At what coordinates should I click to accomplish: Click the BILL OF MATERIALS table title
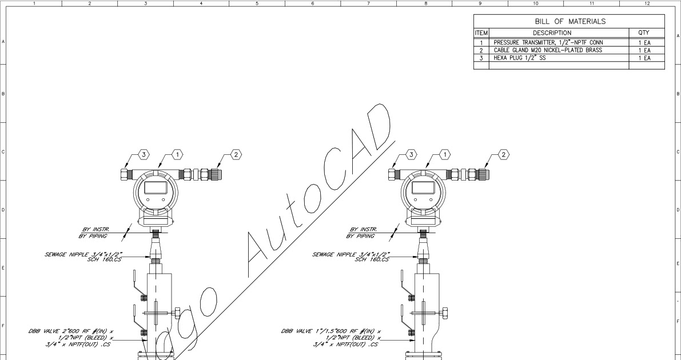pos(569,22)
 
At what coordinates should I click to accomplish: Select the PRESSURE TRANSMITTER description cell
pos(548,42)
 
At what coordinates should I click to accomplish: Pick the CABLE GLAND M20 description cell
pos(548,50)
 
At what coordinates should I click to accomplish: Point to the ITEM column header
pos(480,33)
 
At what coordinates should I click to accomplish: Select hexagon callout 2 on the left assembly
pos(236,154)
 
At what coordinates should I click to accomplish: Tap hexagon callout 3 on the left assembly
pos(144,154)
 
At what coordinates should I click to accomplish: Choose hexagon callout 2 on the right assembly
pos(503,154)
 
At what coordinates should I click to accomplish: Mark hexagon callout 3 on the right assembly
pos(411,154)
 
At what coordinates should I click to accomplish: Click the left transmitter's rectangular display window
pos(156,187)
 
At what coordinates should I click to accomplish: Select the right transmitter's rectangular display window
pos(423,187)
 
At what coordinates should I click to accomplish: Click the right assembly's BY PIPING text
pos(362,235)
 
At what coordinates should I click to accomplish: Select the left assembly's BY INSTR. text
pos(95,229)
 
